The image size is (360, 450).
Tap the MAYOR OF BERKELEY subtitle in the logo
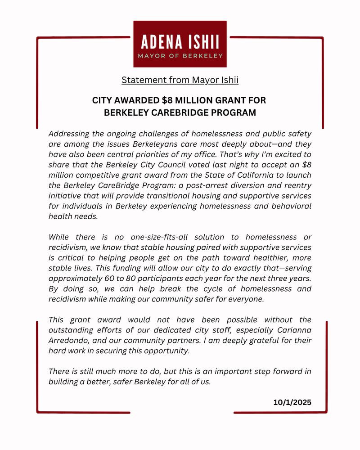click(180, 56)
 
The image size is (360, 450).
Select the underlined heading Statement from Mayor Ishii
click(180, 80)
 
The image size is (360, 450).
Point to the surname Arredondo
click(69, 340)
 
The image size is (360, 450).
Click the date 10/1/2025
click(292, 402)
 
